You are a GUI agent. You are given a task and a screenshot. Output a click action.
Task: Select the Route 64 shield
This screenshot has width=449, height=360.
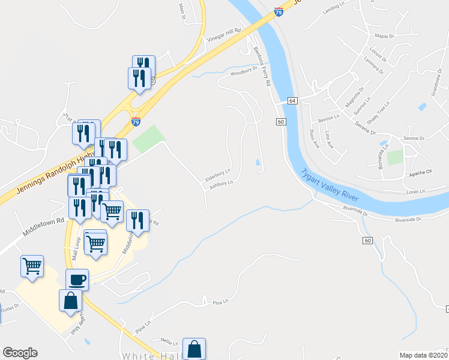[x=292, y=101]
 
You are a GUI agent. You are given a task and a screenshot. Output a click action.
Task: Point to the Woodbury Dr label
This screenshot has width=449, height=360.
[x=244, y=72]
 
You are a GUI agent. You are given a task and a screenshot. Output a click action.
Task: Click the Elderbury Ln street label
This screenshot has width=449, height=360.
[x=218, y=175]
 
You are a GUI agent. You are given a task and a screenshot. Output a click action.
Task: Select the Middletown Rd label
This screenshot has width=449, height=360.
[x=44, y=226]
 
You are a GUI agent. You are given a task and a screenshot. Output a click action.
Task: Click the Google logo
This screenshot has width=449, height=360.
[x=20, y=353]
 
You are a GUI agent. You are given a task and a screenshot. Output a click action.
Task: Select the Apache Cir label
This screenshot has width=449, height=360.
[x=421, y=172]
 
